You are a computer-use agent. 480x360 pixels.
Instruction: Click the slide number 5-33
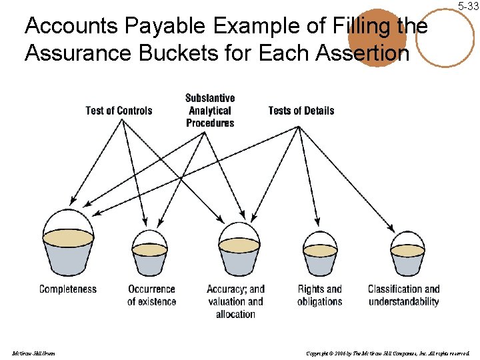click(468, 6)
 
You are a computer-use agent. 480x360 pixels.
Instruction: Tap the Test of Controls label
click(119, 111)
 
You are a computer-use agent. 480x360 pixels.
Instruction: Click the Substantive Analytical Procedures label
click(210, 111)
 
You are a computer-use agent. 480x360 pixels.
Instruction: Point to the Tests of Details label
click(301, 111)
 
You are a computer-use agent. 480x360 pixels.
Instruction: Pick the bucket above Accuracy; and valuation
click(239, 250)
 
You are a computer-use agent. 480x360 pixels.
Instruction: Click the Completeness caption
click(68, 289)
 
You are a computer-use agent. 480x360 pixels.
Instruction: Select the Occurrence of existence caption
click(152, 295)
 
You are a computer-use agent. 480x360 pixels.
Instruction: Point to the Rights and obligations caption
click(320, 295)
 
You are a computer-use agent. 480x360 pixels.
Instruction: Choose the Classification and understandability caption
click(404, 295)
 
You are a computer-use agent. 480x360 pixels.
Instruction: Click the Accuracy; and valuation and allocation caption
click(235, 301)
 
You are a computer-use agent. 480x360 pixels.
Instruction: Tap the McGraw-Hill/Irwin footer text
click(33, 353)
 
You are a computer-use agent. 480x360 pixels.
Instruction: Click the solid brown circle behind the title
click(377, 38)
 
